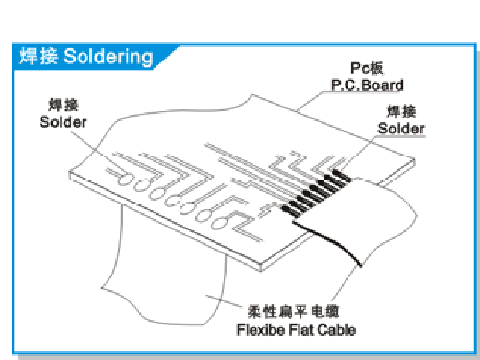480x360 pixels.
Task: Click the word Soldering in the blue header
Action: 108,57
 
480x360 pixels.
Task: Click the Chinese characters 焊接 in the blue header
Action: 38,56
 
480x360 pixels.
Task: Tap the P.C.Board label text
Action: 368,85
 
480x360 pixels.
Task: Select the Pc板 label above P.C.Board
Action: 367,68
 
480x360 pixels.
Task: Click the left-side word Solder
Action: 63,122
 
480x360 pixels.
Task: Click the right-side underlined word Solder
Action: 401,129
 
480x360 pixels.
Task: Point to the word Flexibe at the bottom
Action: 260,330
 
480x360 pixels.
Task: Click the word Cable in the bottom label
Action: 337,330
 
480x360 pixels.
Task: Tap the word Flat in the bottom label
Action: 301,330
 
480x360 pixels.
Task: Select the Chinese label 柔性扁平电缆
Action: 293,311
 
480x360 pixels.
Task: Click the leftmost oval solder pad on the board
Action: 123,180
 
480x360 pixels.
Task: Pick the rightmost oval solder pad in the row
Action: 218,223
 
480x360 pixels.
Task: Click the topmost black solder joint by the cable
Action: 342,176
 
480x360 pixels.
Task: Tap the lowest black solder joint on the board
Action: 290,210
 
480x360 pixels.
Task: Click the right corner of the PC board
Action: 415,160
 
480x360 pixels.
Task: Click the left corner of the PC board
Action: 70,173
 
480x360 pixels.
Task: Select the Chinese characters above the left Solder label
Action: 63,105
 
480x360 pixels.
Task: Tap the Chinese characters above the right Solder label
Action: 401,111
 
